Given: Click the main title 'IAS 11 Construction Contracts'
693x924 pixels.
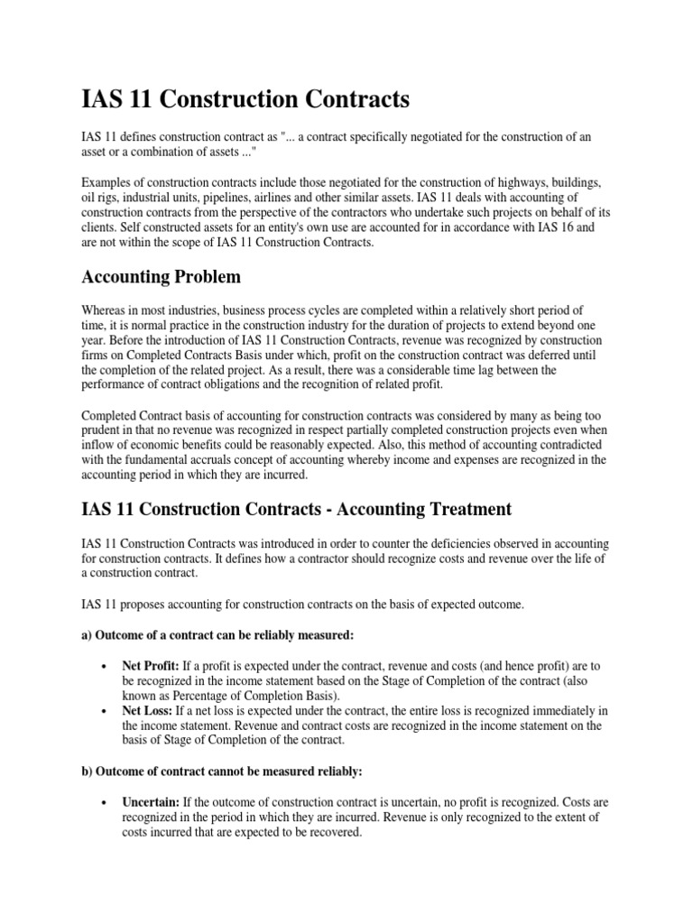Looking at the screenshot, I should click(x=245, y=97).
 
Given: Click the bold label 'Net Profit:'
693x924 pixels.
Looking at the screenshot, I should click(x=150, y=666).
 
